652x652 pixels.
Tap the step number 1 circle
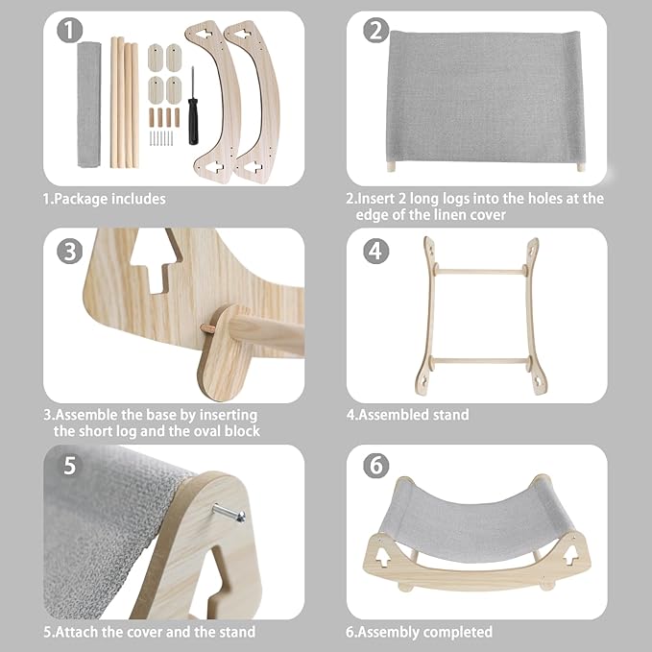(x=69, y=31)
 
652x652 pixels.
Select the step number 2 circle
(x=375, y=31)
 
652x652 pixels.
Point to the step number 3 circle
(x=69, y=252)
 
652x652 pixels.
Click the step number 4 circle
(x=375, y=252)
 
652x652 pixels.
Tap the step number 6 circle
(x=375, y=466)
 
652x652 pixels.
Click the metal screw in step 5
(x=229, y=513)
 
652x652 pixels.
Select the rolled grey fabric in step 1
(x=89, y=104)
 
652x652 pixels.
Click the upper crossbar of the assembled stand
(x=480, y=272)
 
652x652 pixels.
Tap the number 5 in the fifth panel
(x=70, y=466)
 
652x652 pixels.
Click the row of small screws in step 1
(x=161, y=138)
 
